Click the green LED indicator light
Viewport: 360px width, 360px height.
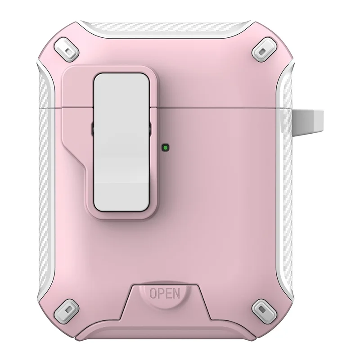point(166,147)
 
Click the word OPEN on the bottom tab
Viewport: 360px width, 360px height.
point(164,294)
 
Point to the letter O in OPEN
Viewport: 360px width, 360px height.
point(153,294)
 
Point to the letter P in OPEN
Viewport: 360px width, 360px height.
point(161,294)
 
